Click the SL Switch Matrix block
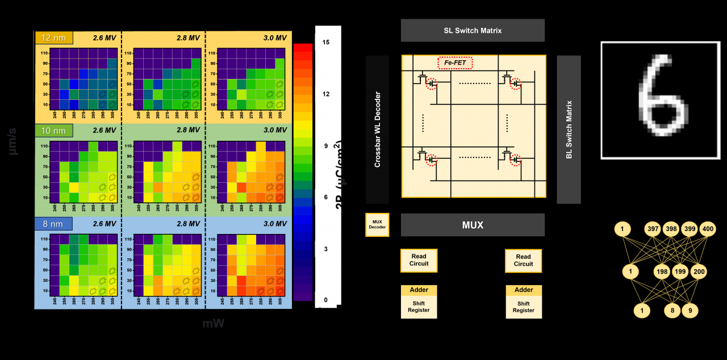473,31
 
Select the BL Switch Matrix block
569,129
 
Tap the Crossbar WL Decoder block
377,129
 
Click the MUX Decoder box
377,225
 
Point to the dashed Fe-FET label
455,62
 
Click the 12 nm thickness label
53,38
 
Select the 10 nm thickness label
53,131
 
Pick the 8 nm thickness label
53,224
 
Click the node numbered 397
653,229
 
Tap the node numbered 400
707,229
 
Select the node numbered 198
662,272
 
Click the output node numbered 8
672,311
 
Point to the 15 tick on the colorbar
325,43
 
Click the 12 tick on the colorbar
325,94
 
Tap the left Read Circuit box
419,260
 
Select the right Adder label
524,290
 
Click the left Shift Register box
419,307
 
